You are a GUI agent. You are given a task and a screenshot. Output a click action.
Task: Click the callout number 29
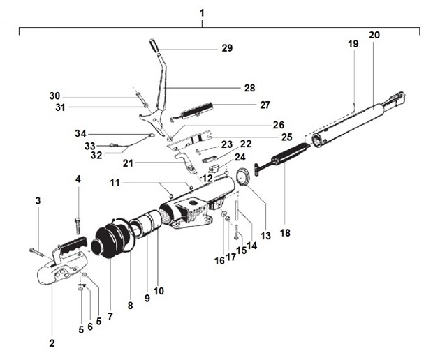227,48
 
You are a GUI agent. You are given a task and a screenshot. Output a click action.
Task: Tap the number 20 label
374,35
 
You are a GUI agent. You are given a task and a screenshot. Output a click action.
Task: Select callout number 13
265,236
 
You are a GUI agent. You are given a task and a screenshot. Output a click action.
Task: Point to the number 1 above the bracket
202,13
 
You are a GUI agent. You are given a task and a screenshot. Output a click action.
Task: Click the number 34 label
80,133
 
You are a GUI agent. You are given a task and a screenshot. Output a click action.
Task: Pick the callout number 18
285,233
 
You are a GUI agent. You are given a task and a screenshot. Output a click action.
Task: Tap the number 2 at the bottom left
52,343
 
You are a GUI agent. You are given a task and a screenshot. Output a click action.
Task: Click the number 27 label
265,105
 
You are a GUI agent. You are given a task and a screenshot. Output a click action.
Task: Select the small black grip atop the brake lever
154,45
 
